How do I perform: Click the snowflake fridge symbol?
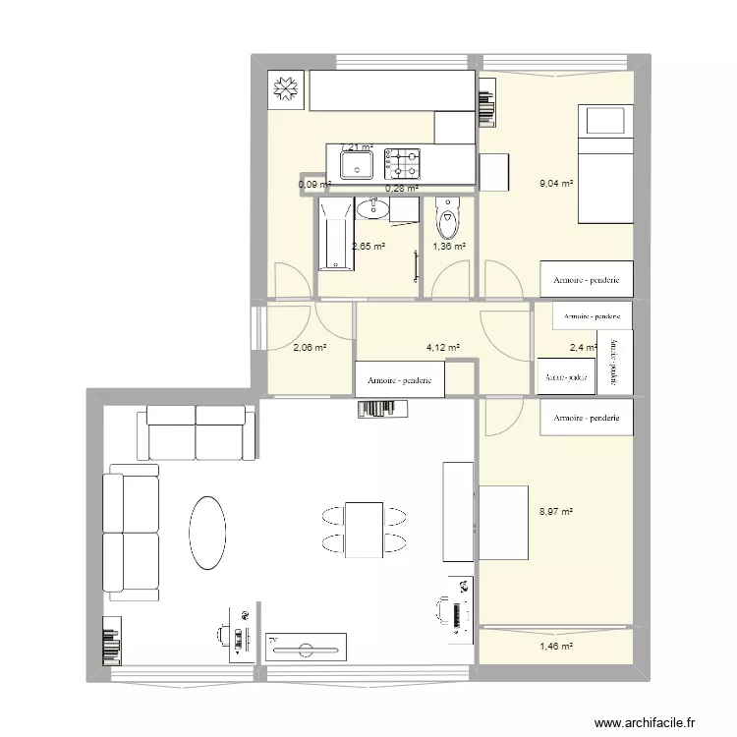click(286, 89)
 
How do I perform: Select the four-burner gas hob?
click(402, 162)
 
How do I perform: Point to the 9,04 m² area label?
click(556, 183)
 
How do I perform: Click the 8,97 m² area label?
click(556, 511)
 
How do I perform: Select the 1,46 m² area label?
click(556, 646)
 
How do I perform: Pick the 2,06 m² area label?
click(310, 347)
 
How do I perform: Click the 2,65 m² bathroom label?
click(368, 248)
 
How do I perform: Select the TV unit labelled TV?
click(307, 647)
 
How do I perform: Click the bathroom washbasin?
click(370, 207)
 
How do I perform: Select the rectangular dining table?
click(364, 529)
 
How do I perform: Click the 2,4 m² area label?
click(584, 347)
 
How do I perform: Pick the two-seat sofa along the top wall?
click(197, 433)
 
